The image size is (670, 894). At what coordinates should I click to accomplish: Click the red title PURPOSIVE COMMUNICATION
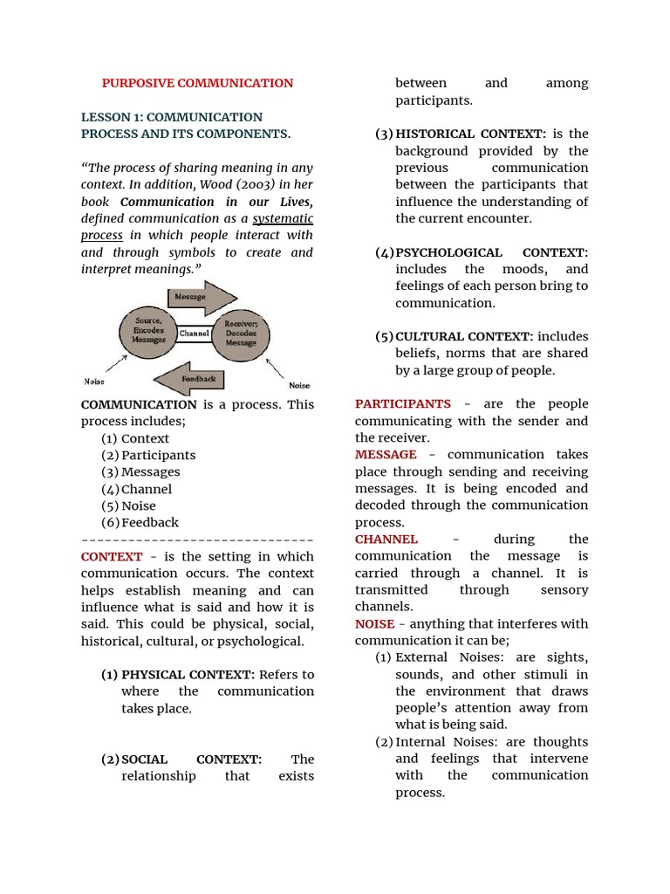point(197,83)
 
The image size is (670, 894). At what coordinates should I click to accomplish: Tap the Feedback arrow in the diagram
point(196,379)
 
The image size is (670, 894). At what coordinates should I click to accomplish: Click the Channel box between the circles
point(195,334)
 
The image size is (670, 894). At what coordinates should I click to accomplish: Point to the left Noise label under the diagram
point(94,382)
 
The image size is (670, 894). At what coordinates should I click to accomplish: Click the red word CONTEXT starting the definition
point(112,556)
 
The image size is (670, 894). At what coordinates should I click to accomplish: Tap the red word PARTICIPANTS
point(403,403)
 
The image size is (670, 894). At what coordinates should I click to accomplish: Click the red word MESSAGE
point(386,454)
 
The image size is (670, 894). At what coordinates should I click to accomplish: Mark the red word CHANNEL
point(386,539)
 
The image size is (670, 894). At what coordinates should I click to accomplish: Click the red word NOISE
point(374,623)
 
